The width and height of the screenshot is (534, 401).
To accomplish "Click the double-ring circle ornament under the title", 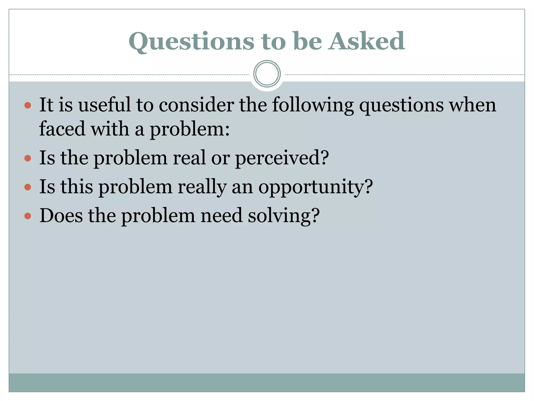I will (267, 74).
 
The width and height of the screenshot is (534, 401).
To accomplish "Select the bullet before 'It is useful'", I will (28, 105).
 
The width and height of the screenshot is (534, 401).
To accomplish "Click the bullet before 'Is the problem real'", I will (28, 158).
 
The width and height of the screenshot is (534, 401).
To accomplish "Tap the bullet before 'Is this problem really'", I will (28, 187).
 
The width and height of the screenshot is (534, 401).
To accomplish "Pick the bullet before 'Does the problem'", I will (28, 216).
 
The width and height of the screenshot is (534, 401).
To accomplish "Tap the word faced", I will (62, 128).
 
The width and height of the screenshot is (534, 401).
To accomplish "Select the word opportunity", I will (311, 187).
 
